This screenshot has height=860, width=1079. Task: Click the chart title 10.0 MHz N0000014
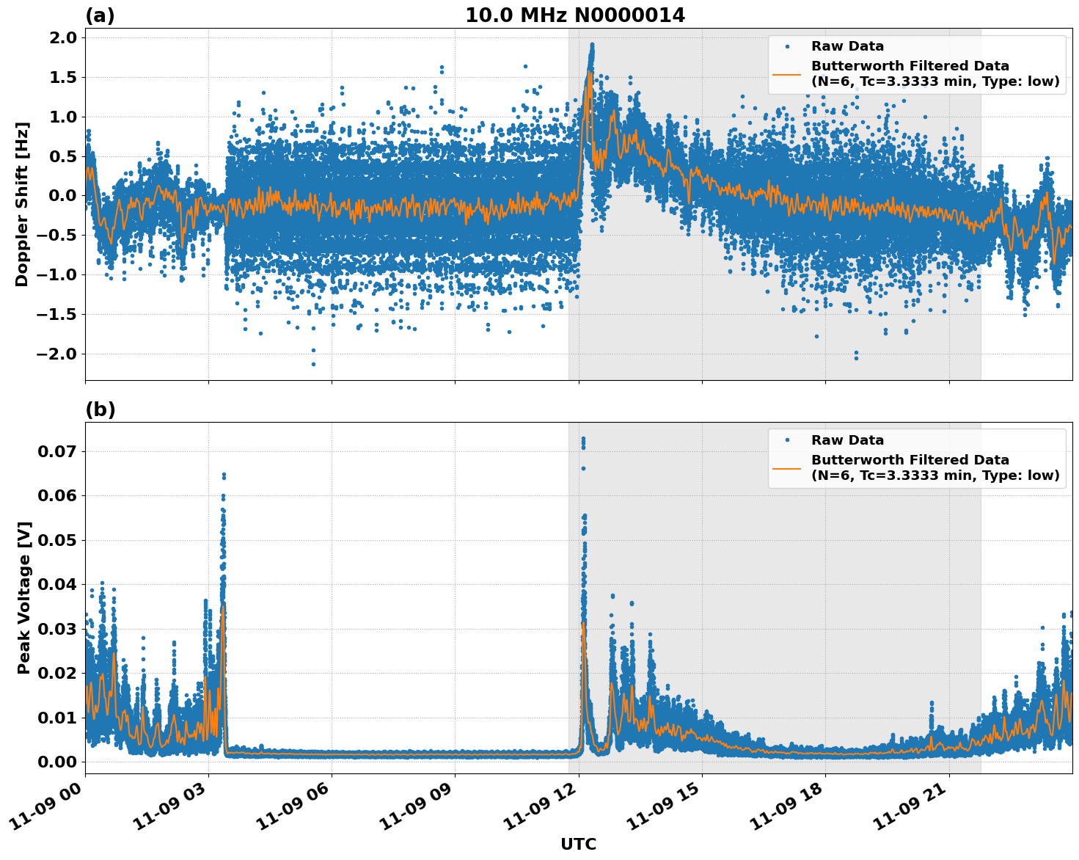pos(575,15)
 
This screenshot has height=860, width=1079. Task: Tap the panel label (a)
pos(100,15)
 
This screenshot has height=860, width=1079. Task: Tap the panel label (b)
pos(100,409)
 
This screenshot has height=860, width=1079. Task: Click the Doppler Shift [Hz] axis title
pos(22,204)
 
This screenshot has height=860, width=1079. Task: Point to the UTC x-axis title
pos(578,844)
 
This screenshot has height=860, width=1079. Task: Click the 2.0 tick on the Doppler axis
pos(62,38)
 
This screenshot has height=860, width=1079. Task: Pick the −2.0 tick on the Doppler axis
pos(57,354)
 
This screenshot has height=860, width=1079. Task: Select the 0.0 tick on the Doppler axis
pos(62,196)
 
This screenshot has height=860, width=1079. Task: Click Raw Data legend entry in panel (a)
pos(847,46)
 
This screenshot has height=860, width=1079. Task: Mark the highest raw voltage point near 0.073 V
pos(583,439)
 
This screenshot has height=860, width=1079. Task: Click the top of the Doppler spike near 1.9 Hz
pos(591,45)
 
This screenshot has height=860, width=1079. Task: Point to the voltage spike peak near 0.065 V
pos(224,475)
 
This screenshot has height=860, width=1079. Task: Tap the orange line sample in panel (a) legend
pos(786,73)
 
